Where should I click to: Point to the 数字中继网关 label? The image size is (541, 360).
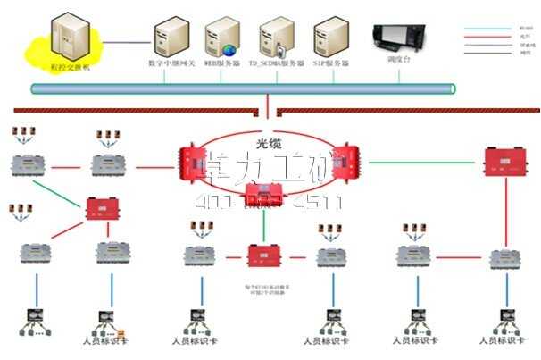click(x=171, y=64)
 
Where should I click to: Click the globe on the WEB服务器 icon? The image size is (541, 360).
click(x=229, y=49)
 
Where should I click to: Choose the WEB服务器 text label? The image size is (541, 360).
click(x=222, y=64)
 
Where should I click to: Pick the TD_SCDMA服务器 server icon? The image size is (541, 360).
click(x=276, y=36)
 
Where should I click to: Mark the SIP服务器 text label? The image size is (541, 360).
click(x=331, y=64)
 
